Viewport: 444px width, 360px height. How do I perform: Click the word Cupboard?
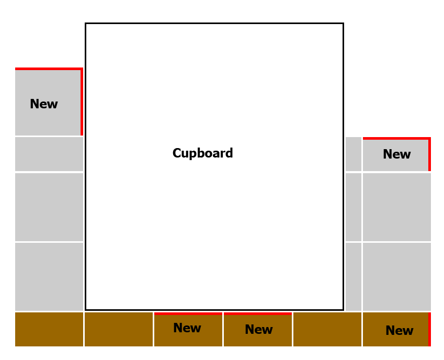[x=203, y=153]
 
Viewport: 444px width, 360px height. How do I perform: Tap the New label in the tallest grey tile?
[x=44, y=104]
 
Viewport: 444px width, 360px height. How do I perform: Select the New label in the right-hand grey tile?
[x=397, y=154]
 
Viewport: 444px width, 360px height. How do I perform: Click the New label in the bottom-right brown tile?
[x=399, y=330]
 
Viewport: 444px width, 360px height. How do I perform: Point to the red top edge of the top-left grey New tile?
[x=49, y=69]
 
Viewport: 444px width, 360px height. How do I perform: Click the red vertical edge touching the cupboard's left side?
[x=82, y=102]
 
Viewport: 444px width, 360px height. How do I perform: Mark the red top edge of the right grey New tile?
[x=397, y=138]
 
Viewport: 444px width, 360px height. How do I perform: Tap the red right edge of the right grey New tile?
[x=429, y=154]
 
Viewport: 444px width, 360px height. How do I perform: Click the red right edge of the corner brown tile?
[x=429, y=330]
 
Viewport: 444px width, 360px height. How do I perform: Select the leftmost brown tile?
[x=49, y=330]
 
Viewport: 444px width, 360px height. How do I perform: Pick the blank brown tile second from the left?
[x=119, y=330]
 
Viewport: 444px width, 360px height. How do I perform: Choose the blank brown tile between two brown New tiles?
[x=327, y=330]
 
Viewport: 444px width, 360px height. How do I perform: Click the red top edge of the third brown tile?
[x=188, y=313]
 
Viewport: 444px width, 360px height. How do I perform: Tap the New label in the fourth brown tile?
[x=259, y=330]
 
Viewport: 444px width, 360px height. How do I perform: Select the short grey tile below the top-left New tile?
[x=49, y=154]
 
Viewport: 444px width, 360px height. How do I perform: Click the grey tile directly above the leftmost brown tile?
[x=49, y=277]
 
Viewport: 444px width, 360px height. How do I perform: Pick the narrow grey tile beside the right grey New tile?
[x=354, y=154]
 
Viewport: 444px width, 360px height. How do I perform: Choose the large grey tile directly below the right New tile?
[x=397, y=207]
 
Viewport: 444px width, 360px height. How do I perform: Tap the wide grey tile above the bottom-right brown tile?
[x=397, y=277]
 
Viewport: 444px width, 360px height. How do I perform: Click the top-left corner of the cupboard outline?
[x=86, y=23]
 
